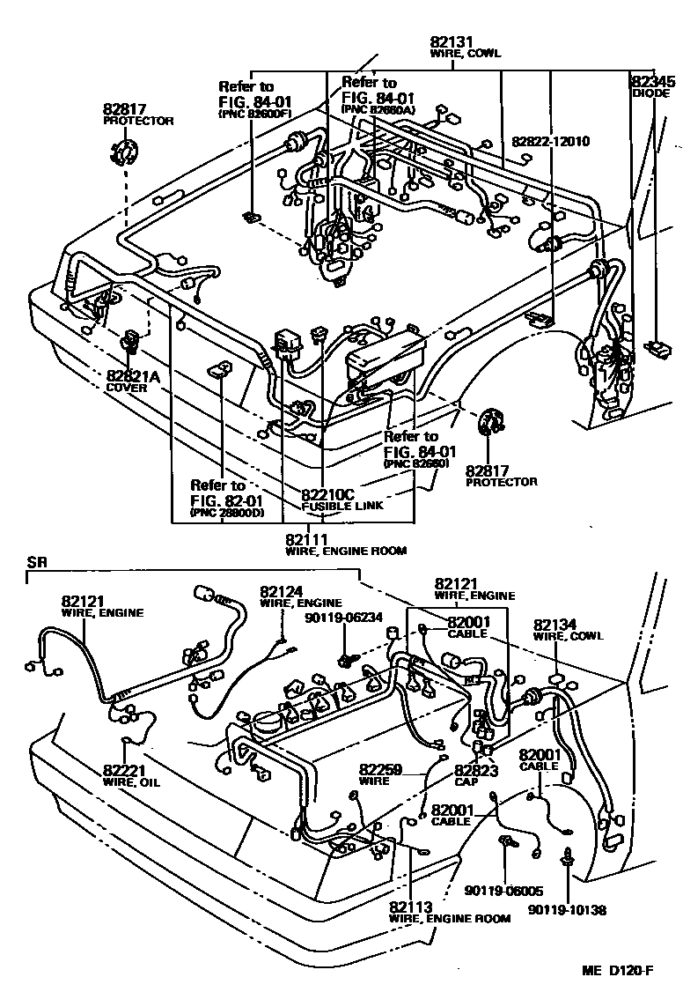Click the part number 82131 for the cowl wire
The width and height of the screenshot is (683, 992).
point(452,41)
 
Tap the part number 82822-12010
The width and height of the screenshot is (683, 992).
point(550,141)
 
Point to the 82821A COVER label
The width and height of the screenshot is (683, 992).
point(131,381)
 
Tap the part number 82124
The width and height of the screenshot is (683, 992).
point(281,591)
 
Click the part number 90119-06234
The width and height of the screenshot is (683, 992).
point(344,618)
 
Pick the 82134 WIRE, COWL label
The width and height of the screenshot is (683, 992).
point(555,628)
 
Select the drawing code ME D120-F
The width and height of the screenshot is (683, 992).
point(616,971)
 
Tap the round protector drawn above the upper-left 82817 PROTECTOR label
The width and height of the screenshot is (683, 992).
point(124,152)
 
